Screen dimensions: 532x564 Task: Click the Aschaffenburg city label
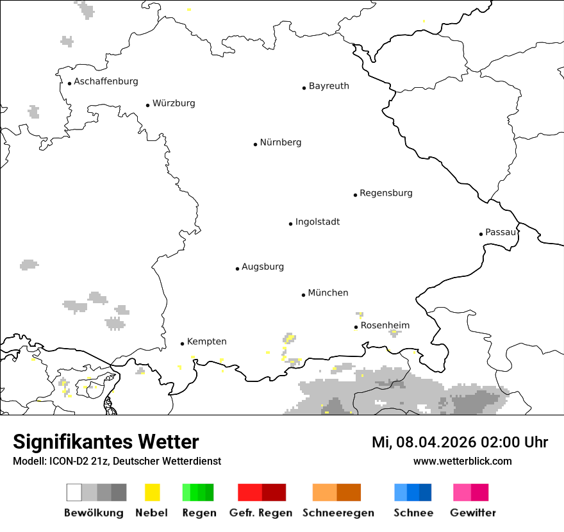106,81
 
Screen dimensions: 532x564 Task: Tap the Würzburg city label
174,103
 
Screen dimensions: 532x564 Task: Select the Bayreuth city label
329,86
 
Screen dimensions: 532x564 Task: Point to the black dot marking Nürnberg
255,144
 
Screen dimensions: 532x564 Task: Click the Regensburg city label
386,193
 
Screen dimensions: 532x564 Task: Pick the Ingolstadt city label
317,222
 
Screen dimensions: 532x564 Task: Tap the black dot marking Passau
481,234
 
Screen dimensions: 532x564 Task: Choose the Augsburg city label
263,267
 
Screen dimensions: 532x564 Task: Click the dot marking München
303,295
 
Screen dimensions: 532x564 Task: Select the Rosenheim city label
385,326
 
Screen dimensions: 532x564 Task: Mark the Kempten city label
206,342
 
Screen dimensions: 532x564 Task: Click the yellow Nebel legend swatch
153,492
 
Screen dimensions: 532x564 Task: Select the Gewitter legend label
473,513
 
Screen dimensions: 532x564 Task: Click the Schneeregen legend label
338,513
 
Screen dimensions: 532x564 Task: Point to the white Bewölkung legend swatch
74,492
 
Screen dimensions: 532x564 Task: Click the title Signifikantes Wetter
106,442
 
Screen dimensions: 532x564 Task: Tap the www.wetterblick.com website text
462,461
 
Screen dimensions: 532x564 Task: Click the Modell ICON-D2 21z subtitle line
117,461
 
